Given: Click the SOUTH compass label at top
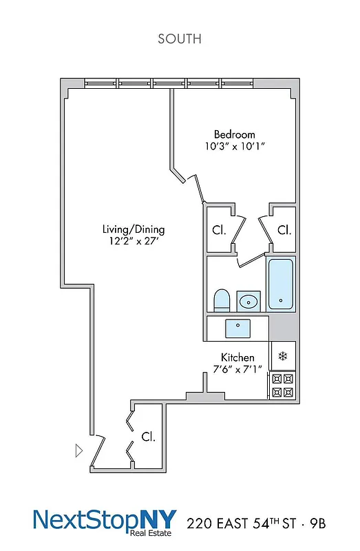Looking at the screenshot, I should [x=180, y=39].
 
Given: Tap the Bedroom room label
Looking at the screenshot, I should [x=234, y=134].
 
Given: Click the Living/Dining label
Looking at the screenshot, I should [x=134, y=229].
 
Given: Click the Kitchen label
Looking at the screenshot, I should [x=237, y=357].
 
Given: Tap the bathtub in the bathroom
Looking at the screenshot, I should [x=281, y=284].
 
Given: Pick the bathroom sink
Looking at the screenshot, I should [x=248, y=301].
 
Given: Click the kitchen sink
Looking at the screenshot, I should [x=238, y=328].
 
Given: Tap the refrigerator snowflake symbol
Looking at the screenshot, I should [x=282, y=356].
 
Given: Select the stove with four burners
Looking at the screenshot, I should [x=282, y=385].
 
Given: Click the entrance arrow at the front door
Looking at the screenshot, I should [x=79, y=451].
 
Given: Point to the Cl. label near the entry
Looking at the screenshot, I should [x=148, y=437].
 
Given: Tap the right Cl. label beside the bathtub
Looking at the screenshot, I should [x=284, y=230].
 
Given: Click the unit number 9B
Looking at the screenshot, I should [x=315, y=524].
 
